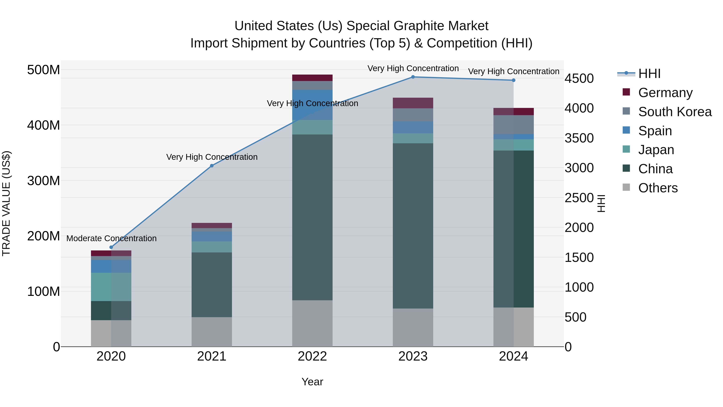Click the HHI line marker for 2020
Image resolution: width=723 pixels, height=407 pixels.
tap(111, 247)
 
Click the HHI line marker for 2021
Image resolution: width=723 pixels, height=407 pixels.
tap(212, 166)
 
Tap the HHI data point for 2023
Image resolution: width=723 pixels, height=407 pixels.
tap(413, 77)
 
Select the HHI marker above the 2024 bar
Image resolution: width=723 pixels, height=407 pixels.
tap(513, 80)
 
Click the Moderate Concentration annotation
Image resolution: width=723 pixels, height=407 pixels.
tap(111, 238)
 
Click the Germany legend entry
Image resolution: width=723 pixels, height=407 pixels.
tap(665, 93)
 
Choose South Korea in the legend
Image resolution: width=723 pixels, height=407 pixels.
tap(675, 112)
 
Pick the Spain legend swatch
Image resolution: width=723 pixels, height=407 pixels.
tap(626, 130)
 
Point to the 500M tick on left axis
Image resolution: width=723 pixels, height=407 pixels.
tap(44, 70)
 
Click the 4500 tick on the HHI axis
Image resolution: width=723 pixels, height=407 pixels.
tap(579, 79)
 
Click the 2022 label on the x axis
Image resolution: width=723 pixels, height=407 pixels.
tap(312, 356)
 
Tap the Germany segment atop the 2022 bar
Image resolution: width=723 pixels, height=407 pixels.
tap(312, 78)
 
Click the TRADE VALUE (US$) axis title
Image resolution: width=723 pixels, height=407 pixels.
tap(6, 203)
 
